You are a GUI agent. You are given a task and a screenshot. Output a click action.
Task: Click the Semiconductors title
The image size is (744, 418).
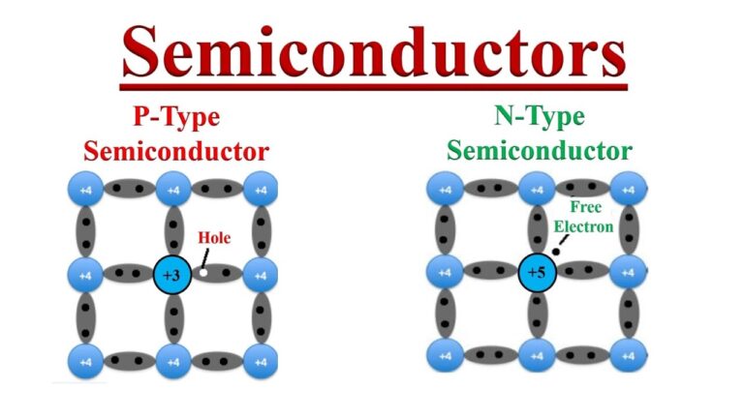tap(374, 52)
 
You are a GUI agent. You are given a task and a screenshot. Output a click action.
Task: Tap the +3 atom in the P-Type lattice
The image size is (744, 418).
tap(172, 275)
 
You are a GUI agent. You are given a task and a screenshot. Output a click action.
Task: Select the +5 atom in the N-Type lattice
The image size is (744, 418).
tap(537, 272)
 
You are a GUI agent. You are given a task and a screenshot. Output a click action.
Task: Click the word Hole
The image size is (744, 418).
tap(214, 237)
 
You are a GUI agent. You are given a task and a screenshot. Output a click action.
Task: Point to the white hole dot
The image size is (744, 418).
tap(203, 273)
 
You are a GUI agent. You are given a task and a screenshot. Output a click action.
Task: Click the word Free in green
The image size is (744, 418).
tap(585, 207)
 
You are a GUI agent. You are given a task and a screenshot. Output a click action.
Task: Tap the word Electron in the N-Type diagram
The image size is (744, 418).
tap(583, 226)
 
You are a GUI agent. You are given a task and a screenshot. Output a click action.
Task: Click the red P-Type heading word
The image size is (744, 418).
tap(176, 117)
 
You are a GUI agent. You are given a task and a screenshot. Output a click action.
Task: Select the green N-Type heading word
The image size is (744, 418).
tap(540, 116)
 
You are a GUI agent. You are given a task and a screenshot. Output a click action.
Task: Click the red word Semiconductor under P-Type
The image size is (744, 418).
tap(176, 152)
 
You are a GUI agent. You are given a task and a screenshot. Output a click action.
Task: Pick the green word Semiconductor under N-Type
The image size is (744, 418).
tap(540, 151)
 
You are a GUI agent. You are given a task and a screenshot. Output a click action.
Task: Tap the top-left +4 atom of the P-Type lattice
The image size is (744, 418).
tap(85, 189)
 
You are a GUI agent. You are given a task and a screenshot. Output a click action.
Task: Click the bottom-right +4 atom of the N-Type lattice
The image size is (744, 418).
tap(628, 355)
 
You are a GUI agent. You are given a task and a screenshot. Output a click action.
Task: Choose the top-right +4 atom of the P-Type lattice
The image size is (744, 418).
tap(261, 189)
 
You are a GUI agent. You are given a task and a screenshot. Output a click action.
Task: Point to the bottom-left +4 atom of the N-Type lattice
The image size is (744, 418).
tap(445, 355)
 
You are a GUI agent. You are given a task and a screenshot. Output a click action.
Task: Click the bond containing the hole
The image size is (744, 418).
tap(217, 273)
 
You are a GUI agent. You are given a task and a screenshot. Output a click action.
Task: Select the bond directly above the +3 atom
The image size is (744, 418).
tap(173, 231)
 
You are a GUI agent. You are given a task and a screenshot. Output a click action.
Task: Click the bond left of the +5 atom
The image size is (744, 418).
tap(489, 271)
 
